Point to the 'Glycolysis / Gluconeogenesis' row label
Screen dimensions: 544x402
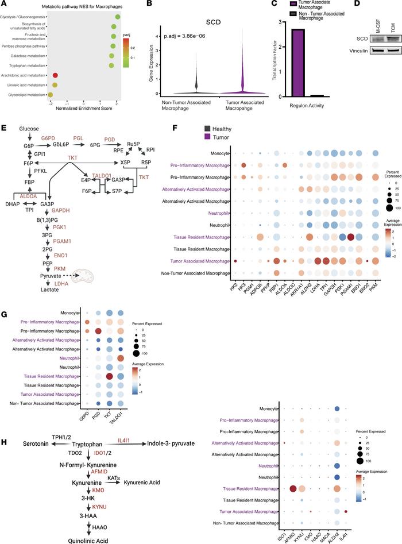(x=24, y=17)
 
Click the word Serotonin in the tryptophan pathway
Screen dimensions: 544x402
(x=21, y=444)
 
